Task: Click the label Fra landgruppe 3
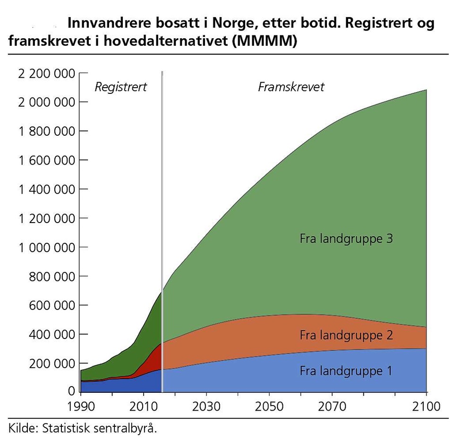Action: (346, 239)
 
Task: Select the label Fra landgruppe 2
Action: (346, 335)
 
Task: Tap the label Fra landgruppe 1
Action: (346, 371)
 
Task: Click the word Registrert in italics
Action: (121, 87)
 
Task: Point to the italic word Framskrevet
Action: (291, 87)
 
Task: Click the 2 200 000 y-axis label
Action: (47, 74)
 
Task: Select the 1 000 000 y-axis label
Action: (47, 248)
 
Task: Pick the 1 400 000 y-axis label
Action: (47, 190)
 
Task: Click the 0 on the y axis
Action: (71, 391)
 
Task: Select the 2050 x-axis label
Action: (269, 406)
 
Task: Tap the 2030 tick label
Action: (206, 406)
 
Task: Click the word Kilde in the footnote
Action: (22, 429)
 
